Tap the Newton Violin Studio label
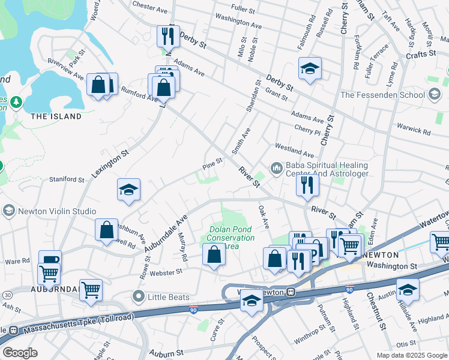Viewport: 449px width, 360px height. [57, 211]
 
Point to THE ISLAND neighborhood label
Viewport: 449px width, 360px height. [56, 116]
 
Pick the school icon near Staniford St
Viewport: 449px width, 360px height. [128, 190]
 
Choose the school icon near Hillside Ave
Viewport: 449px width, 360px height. [407, 289]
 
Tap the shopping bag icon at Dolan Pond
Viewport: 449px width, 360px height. [214, 254]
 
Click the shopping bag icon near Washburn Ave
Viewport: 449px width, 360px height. [106, 230]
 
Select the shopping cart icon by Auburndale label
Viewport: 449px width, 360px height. [91, 290]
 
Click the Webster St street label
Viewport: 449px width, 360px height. [167, 272]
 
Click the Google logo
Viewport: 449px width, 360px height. [20, 353]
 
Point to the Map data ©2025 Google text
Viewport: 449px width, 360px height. [411, 355]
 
